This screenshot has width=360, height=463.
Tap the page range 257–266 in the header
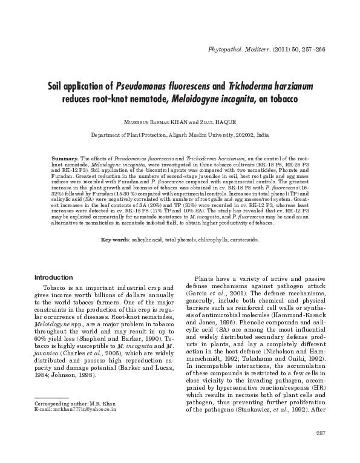click(x=310, y=48)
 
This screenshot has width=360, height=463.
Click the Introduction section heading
click(x=54, y=277)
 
